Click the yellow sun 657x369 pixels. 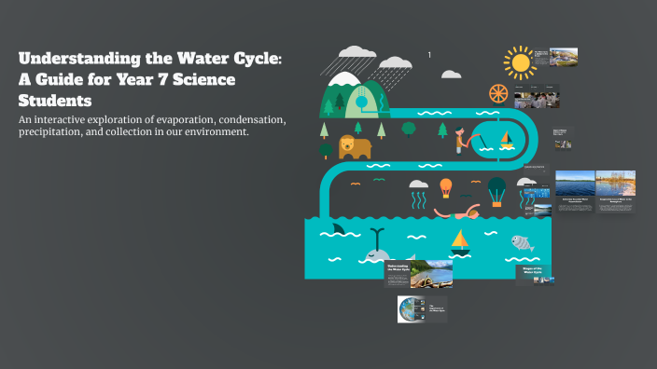[520, 61]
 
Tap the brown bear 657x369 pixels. [354, 146]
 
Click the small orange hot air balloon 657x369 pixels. [446, 187]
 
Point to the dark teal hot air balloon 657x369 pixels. [496, 189]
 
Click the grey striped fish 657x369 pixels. [523, 244]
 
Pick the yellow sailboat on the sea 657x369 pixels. [459, 241]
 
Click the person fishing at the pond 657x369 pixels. [461, 140]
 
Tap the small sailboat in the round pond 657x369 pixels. [506, 139]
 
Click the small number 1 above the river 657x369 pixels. [429, 55]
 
